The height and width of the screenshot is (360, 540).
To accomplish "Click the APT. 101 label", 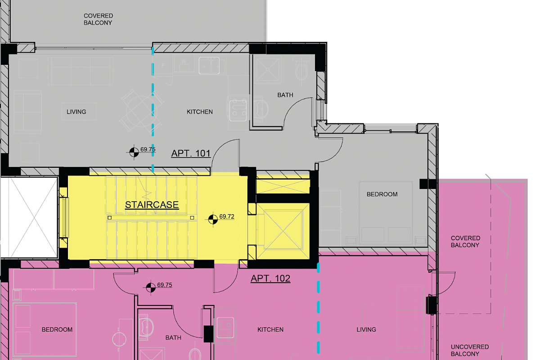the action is pos(191,153).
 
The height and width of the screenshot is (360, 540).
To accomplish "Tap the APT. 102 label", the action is pos(270,279).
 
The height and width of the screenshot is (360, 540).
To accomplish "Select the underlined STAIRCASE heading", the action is pos(152,205).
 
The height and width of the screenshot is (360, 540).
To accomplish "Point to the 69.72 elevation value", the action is pos(227,216).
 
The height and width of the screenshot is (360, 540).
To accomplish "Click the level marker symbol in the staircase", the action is pos(213,220).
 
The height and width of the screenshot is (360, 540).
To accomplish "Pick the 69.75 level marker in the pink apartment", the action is pos(151,288).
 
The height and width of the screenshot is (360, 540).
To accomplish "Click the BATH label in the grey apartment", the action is pos(285,95).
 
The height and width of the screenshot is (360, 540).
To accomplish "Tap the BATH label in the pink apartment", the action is pos(173,337).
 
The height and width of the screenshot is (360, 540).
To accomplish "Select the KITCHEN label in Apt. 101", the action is pos(200,112).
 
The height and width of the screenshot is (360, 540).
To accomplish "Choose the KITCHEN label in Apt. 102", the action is pos(270,329).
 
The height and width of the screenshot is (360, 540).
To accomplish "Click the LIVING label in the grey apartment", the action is pos(76,112).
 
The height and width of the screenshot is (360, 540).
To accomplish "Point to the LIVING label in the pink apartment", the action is pos(366,329).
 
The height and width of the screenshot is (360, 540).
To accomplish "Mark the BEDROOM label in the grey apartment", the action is pos(382,194).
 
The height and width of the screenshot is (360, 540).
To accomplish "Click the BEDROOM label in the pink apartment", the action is pos(57,329).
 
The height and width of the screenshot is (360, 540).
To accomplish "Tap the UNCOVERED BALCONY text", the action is pos(470,351).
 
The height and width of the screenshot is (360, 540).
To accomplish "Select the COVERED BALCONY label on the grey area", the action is pos(98,19).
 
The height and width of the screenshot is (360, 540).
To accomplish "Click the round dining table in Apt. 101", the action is pos(141,112).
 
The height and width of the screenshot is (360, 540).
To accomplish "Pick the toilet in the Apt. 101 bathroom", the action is pos(301,69).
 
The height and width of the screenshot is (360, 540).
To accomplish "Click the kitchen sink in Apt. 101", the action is pos(209,65).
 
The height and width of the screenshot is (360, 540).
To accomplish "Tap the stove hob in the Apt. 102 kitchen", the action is pos(225,328).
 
